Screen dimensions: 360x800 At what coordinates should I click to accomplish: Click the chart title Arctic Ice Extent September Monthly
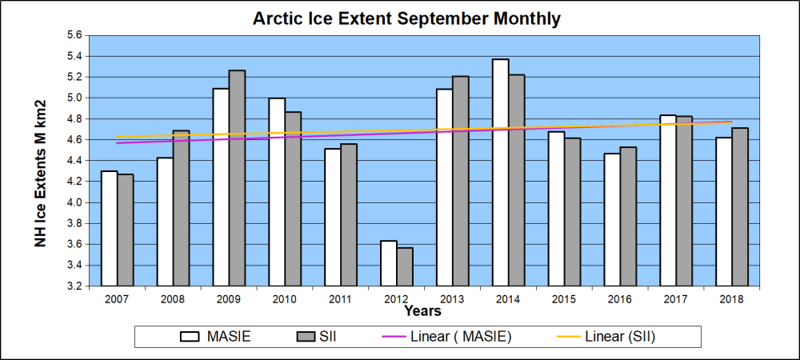(406, 18)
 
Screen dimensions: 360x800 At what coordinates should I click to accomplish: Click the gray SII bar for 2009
(237, 178)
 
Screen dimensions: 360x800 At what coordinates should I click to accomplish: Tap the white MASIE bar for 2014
(500, 172)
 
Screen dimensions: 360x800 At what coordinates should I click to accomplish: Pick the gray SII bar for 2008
(181, 208)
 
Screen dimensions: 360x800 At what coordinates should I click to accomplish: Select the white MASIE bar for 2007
(109, 228)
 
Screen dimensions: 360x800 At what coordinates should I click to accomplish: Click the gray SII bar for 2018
(740, 206)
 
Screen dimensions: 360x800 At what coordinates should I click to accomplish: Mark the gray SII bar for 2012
(405, 266)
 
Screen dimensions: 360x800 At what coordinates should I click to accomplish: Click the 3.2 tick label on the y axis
(73, 286)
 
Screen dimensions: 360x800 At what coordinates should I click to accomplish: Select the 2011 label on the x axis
(340, 299)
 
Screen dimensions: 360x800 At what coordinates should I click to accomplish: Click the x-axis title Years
(422, 310)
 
